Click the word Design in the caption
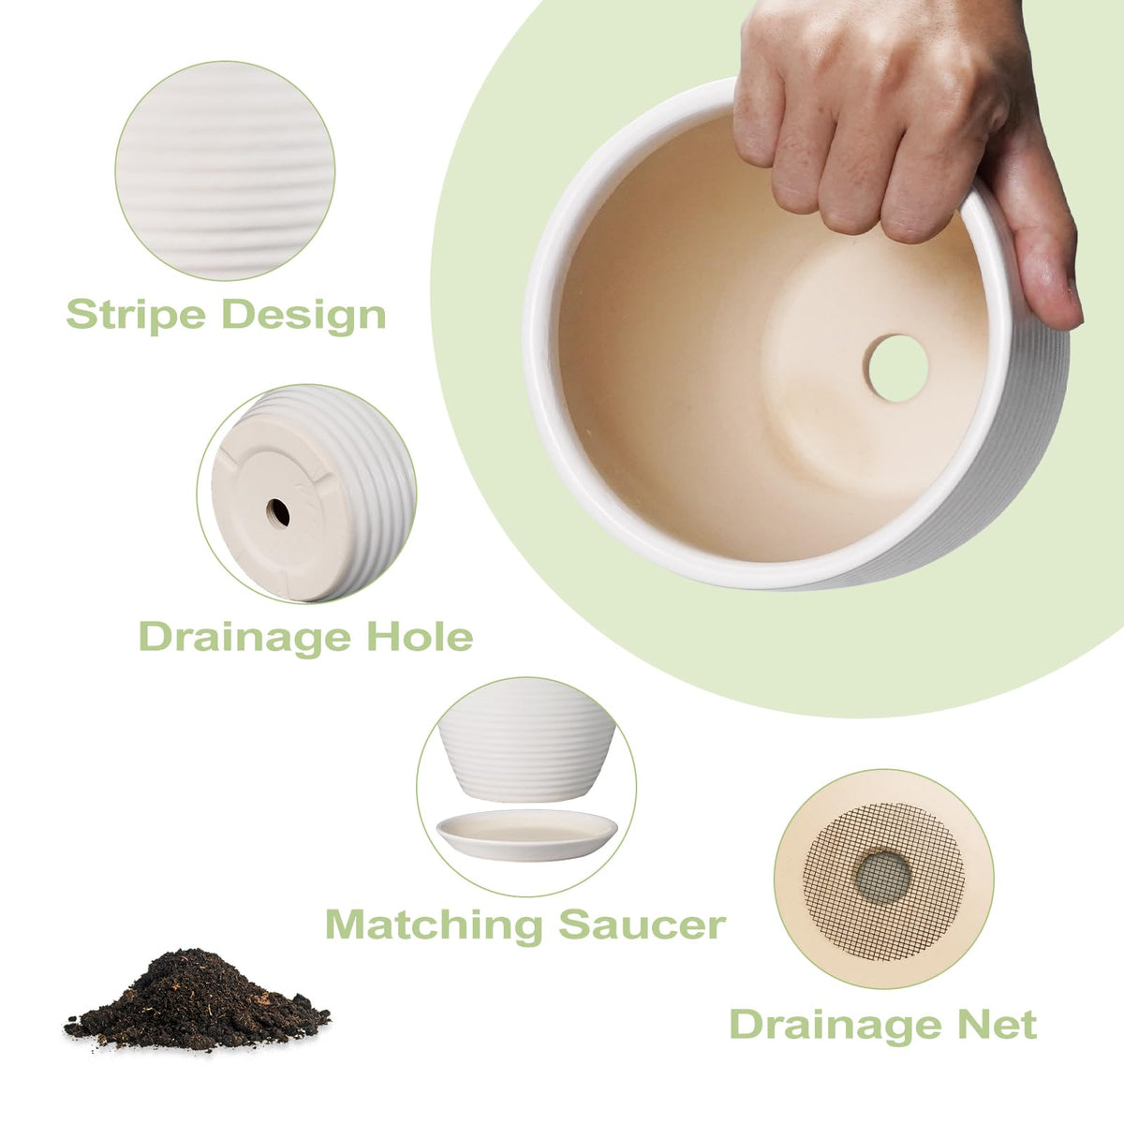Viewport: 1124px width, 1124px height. click(303, 315)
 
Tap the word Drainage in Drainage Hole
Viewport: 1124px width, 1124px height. click(245, 638)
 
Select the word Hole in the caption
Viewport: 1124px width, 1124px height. click(420, 637)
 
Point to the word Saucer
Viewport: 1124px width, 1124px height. click(643, 925)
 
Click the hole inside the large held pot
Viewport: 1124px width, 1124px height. click(897, 368)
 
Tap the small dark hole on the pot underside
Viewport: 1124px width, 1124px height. click(278, 512)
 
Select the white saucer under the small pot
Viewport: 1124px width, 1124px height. click(526, 835)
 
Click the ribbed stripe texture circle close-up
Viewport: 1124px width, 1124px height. click(225, 170)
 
